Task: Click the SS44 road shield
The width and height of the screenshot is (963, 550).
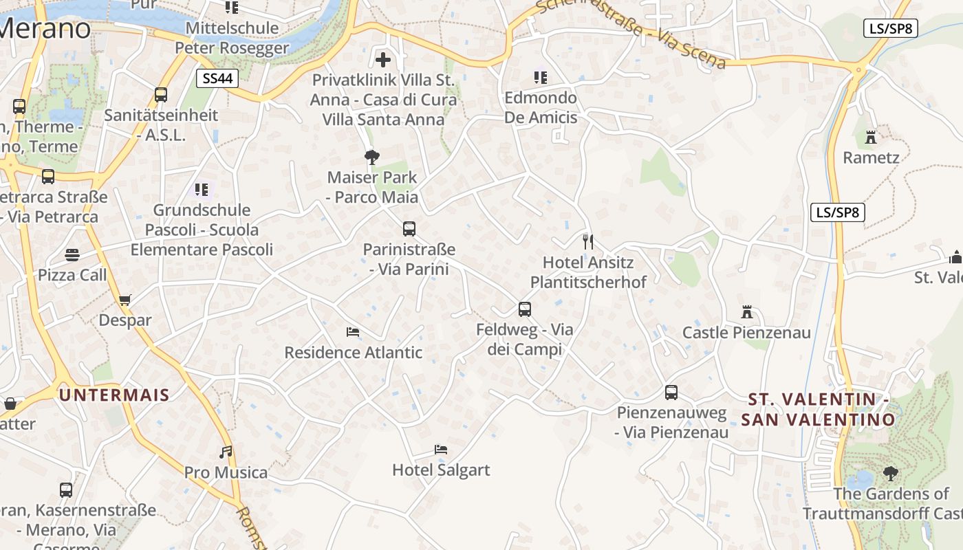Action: tap(217, 78)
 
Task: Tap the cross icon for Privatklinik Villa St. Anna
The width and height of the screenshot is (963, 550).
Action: tap(383, 60)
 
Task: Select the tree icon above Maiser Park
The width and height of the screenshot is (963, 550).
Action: tap(372, 157)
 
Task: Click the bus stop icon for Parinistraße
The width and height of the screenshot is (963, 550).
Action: tap(409, 229)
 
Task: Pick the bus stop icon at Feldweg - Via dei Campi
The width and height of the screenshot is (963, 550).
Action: tap(525, 309)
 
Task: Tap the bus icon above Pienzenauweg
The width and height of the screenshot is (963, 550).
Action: tap(671, 393)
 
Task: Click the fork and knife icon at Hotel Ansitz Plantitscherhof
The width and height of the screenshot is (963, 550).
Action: tap(588, 241)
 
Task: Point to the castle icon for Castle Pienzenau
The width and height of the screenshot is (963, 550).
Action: tap(747, 312)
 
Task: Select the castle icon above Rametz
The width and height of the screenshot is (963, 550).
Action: tap(871, 137)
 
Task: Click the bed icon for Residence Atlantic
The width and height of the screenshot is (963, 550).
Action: tap(353, 332)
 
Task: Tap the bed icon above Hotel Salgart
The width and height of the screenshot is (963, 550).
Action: tap(441, 450)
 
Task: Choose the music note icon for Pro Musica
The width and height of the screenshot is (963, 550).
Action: tap(226, 452)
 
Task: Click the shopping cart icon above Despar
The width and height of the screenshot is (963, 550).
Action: tap(125, 300)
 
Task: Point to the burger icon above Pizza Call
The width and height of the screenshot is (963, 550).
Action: tap(72, 255)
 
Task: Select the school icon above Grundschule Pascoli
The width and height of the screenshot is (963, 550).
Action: tap(202, 189)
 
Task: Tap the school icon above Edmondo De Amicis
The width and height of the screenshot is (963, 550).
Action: tap(541, 77)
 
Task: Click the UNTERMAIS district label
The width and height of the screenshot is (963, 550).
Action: tap(114, 395)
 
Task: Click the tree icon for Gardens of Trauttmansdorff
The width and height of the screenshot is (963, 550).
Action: tap(891, 473)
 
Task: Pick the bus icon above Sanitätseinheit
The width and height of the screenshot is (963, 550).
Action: tap(161, 95)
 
